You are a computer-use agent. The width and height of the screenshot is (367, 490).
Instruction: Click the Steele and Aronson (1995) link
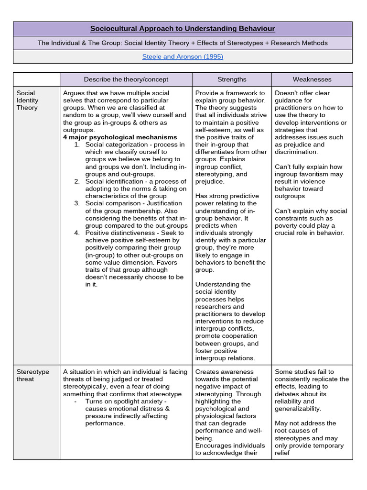[183, 56]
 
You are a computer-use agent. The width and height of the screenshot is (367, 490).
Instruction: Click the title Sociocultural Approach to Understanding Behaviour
[183, 29]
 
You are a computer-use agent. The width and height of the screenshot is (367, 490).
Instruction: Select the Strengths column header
[232, 79]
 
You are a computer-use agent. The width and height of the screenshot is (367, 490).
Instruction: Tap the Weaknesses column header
[312, 79]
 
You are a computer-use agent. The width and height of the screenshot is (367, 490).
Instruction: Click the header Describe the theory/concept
[126, 79]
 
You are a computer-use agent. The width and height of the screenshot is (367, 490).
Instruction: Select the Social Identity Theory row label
[27, 100]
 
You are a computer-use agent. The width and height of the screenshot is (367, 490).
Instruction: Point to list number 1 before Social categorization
[76, 145]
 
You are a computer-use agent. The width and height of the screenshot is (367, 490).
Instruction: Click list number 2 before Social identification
[76, 181]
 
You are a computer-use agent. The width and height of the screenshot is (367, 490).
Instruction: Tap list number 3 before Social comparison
[76, 203]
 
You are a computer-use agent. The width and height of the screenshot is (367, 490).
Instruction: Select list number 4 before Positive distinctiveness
[76, 233]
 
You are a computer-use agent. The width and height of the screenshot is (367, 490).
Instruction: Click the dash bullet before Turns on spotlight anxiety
[76, 401]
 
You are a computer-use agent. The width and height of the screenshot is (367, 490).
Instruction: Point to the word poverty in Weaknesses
[288, 226]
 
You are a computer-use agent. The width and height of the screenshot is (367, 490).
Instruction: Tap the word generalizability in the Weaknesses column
[298, 409]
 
